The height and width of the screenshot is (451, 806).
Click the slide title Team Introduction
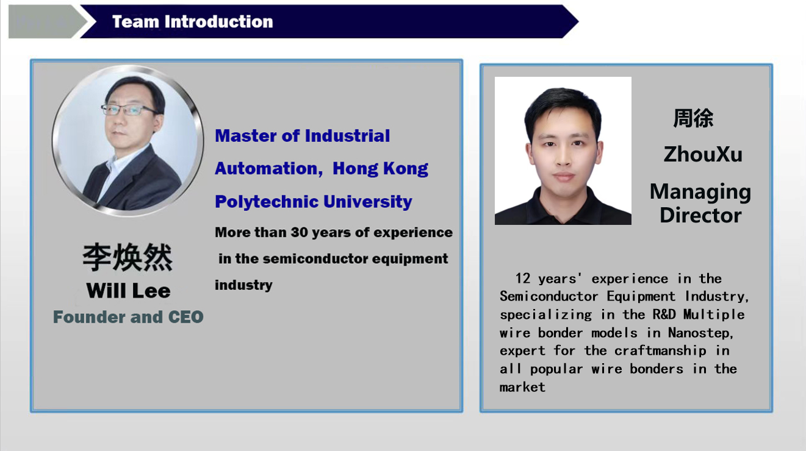point(193,21)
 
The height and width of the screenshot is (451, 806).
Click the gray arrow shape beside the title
point(47,21)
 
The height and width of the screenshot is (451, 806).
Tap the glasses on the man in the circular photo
point(129,110)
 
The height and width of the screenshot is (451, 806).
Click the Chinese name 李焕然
point(128,257)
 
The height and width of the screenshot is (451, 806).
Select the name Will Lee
point(128,290)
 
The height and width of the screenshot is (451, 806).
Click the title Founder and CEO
point(128,317)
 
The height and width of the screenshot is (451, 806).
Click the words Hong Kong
point(380,169)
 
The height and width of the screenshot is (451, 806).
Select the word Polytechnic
point(266,202)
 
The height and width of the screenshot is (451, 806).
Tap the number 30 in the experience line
point(300,232)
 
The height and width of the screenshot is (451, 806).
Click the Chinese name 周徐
point(693,118)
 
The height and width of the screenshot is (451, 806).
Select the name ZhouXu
point(703,155)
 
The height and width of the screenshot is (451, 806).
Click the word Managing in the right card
point(700,192)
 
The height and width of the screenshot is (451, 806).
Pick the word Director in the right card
point(700,215)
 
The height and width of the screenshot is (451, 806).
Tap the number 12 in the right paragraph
point(522,279)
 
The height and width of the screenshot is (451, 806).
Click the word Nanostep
point(700,333)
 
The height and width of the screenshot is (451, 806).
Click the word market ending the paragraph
point(522,388)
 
